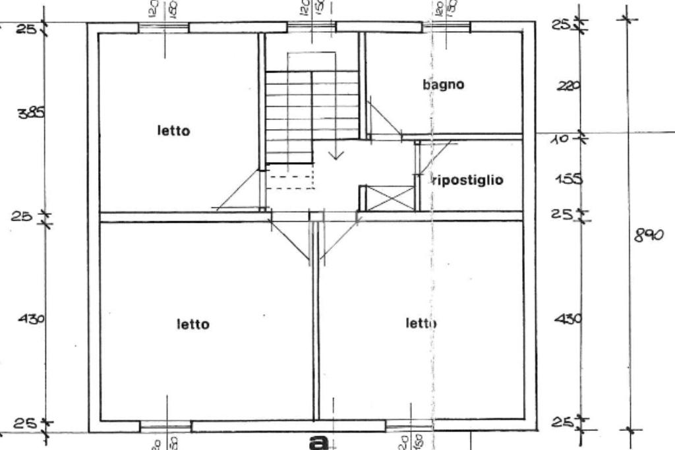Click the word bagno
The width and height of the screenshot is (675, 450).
click(443, 84)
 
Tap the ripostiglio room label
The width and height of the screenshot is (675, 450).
click(468, 179)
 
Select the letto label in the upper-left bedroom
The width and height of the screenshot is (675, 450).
click(173, 130)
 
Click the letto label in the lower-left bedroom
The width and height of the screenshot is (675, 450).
click(193, 324)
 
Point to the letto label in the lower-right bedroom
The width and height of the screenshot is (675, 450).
click(421, 323)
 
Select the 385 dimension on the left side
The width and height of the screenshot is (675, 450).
click(32, 113)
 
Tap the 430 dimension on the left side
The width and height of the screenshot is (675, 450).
click(32, 319)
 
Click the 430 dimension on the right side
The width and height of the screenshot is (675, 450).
click(568, 319)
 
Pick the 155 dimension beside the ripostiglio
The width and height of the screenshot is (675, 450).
click(568, 179)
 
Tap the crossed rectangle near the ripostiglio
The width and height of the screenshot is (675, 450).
click(390, 198)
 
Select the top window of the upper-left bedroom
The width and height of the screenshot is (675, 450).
click(163, 27)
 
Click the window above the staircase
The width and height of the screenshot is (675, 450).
click(311, 27)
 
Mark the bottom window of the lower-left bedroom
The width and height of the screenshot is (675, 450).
click(165, 426)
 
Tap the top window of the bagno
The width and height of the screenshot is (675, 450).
click(446, 27)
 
